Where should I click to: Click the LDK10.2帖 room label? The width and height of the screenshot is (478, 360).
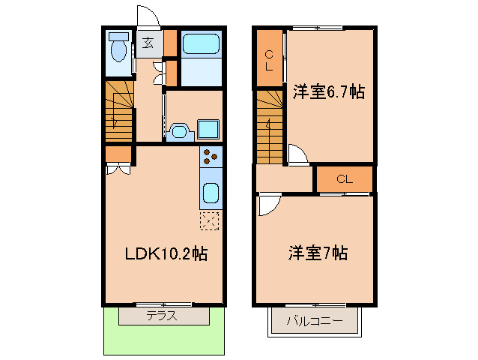tap(166, 254)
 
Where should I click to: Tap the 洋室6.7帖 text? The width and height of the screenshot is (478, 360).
tap(328, 92)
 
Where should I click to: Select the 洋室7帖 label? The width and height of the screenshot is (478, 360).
tap(317, 253)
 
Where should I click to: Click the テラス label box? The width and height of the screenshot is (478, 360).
tap(164, 316)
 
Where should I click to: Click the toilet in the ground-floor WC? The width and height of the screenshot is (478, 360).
tap(118, 49)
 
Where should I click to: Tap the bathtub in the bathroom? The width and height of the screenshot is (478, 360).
tap(200, 44)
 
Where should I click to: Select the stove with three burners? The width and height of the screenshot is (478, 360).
tap(211, 157)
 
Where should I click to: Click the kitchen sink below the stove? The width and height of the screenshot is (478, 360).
tap(211, 193)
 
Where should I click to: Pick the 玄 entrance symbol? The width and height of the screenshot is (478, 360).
tap(148, 43)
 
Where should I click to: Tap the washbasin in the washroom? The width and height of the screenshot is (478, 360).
tap(180, 131)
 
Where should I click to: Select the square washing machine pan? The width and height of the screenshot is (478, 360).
tap(208, 128)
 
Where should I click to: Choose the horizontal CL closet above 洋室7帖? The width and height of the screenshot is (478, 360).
tap(344, 179)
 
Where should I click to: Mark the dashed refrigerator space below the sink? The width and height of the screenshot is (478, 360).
tap(210, 221)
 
